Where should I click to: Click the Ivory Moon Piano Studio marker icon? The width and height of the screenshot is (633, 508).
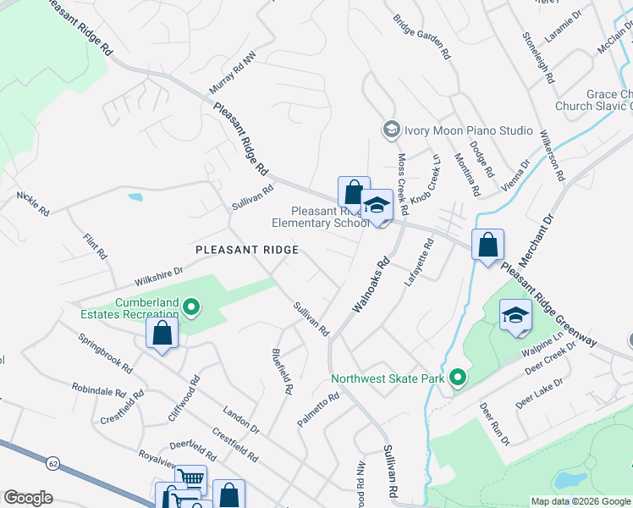tap(391, 130)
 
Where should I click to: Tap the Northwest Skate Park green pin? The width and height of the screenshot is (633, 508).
tap(458, 378)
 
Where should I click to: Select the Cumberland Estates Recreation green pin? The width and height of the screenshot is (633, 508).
tap(192, 307)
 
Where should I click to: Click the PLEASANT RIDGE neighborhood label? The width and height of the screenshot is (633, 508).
tap(246, 250)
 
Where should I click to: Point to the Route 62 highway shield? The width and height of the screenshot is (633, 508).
tap(53, 464)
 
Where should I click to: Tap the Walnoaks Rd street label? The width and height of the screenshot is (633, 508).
tap(369, 285)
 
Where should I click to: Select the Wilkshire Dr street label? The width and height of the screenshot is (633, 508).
tap(158, 276)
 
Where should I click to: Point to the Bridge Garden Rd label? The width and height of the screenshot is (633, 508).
tap(421, 36)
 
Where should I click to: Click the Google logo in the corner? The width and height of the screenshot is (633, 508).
tap(29, 498)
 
